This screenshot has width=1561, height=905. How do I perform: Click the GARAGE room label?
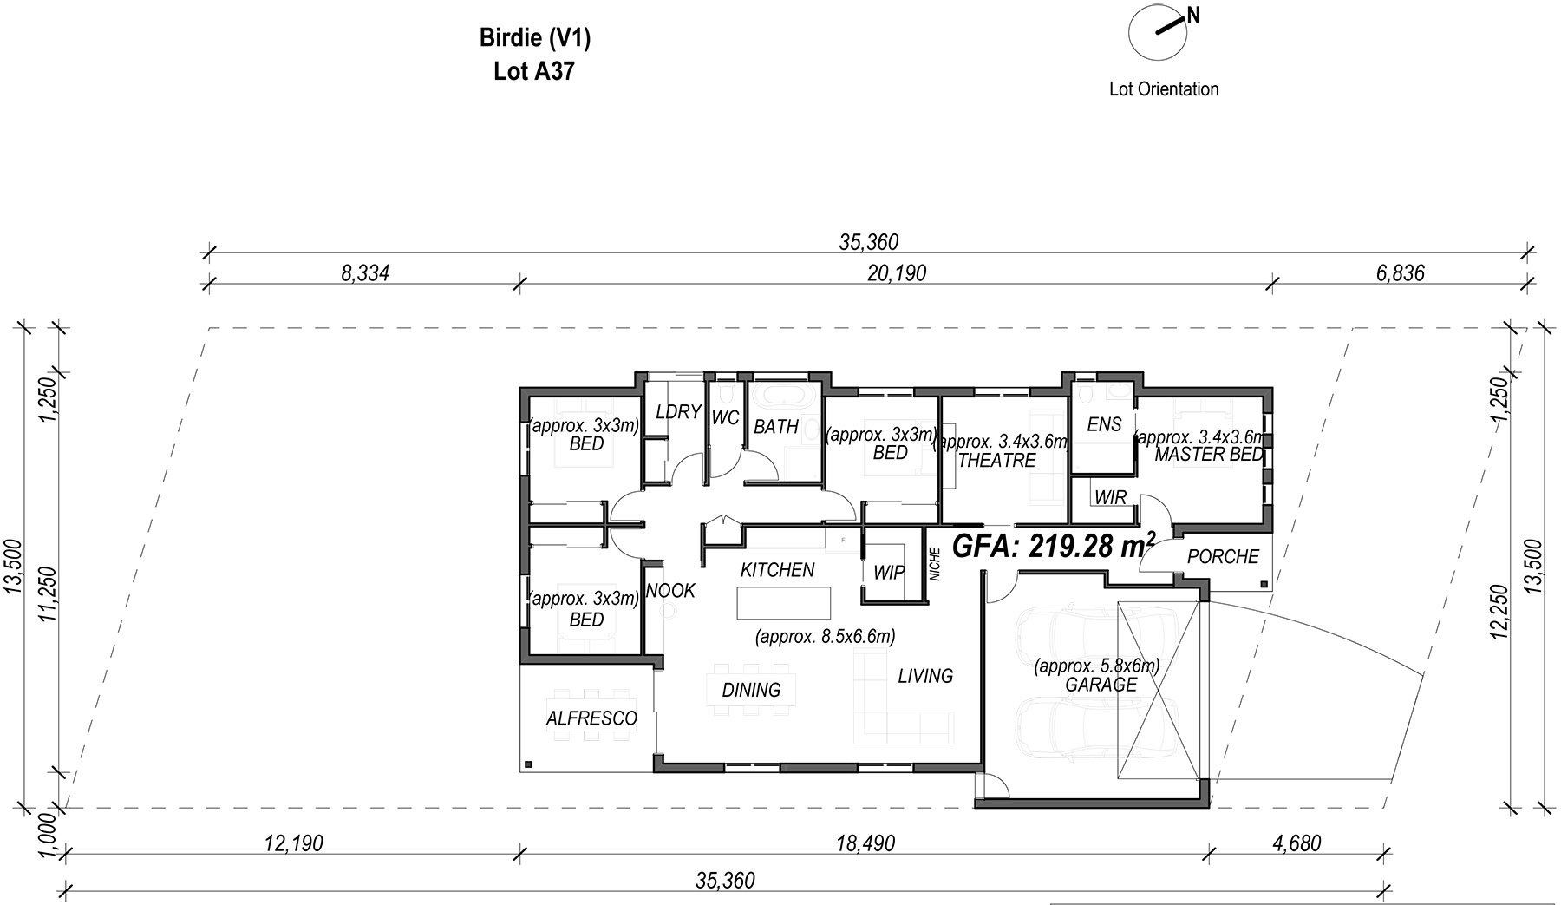point(1101,685)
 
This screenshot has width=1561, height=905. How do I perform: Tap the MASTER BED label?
point(1210,455)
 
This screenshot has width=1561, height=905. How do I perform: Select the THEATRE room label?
point(996,461)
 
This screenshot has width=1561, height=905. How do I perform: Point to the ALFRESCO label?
point(591,718)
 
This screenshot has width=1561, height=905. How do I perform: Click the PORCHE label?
point(1223,556)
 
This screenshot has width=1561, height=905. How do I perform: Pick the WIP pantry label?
point(889,573)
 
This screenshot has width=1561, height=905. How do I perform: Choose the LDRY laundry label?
point(678,412)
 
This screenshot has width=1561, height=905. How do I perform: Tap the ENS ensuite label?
point(1104,424)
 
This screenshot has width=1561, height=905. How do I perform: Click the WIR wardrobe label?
point(1110,498)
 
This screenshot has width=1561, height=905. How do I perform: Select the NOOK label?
point(671,591)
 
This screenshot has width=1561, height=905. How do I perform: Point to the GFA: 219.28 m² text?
point(1054,547)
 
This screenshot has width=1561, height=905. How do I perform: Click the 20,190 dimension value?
point(897,273)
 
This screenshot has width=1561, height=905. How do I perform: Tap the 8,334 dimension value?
point(365,273)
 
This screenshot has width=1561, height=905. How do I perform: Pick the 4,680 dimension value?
point(1298,843)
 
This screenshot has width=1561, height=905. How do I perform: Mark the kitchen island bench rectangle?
point(784,603)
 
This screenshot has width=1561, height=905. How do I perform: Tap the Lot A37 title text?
point(534,72)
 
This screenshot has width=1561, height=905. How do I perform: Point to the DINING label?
point(752,690)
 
